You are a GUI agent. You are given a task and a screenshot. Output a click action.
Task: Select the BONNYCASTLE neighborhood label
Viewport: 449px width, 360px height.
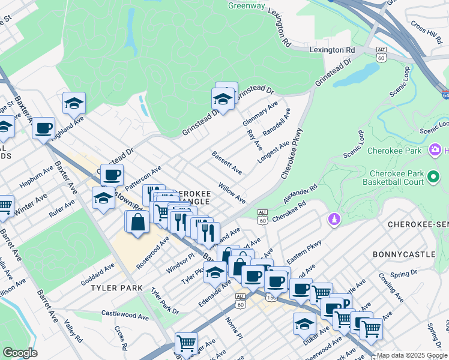(x=404, y=254)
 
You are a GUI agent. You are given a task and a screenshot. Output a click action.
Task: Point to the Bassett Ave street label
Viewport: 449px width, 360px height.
(x=226, y=163)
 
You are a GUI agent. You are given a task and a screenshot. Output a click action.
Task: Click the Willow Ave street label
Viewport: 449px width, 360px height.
(x=232, y=193)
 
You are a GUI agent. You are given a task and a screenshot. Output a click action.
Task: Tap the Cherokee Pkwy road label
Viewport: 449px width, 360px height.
(x=292, y=152)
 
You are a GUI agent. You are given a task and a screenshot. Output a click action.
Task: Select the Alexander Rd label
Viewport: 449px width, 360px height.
(x=302, y=194)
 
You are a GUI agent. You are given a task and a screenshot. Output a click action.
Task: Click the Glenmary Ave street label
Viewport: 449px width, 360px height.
(x=260, y=113)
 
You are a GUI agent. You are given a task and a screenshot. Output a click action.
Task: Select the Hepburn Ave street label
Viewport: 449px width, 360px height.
(x=38, y=179)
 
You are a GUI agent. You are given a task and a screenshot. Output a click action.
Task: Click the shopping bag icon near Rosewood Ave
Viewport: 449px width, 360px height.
(x=138, y=221)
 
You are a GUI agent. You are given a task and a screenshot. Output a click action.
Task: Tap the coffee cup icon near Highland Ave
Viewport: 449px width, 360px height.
(x=44, y=128)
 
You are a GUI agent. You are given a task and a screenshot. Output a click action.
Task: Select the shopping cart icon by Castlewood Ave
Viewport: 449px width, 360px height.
(x=186, y=343)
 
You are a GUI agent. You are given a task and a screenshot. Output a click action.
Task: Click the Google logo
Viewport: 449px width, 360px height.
(x=20, y=353)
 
